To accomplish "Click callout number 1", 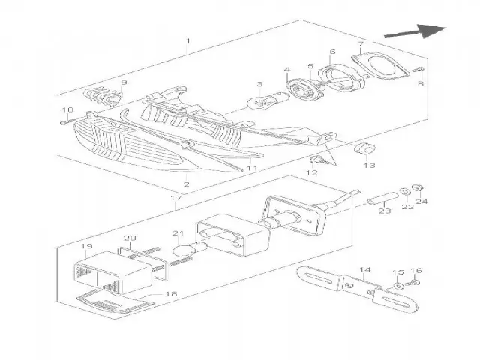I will (187, 40).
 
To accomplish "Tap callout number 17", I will (177, 199).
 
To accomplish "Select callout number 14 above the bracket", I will (365, 269).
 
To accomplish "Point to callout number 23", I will (385, 212).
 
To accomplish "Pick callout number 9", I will (124, 82).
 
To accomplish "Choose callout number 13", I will (368, 166).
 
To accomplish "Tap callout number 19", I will (86, 246).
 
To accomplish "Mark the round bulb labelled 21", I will (181, 249).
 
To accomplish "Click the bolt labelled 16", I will (417, 283).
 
